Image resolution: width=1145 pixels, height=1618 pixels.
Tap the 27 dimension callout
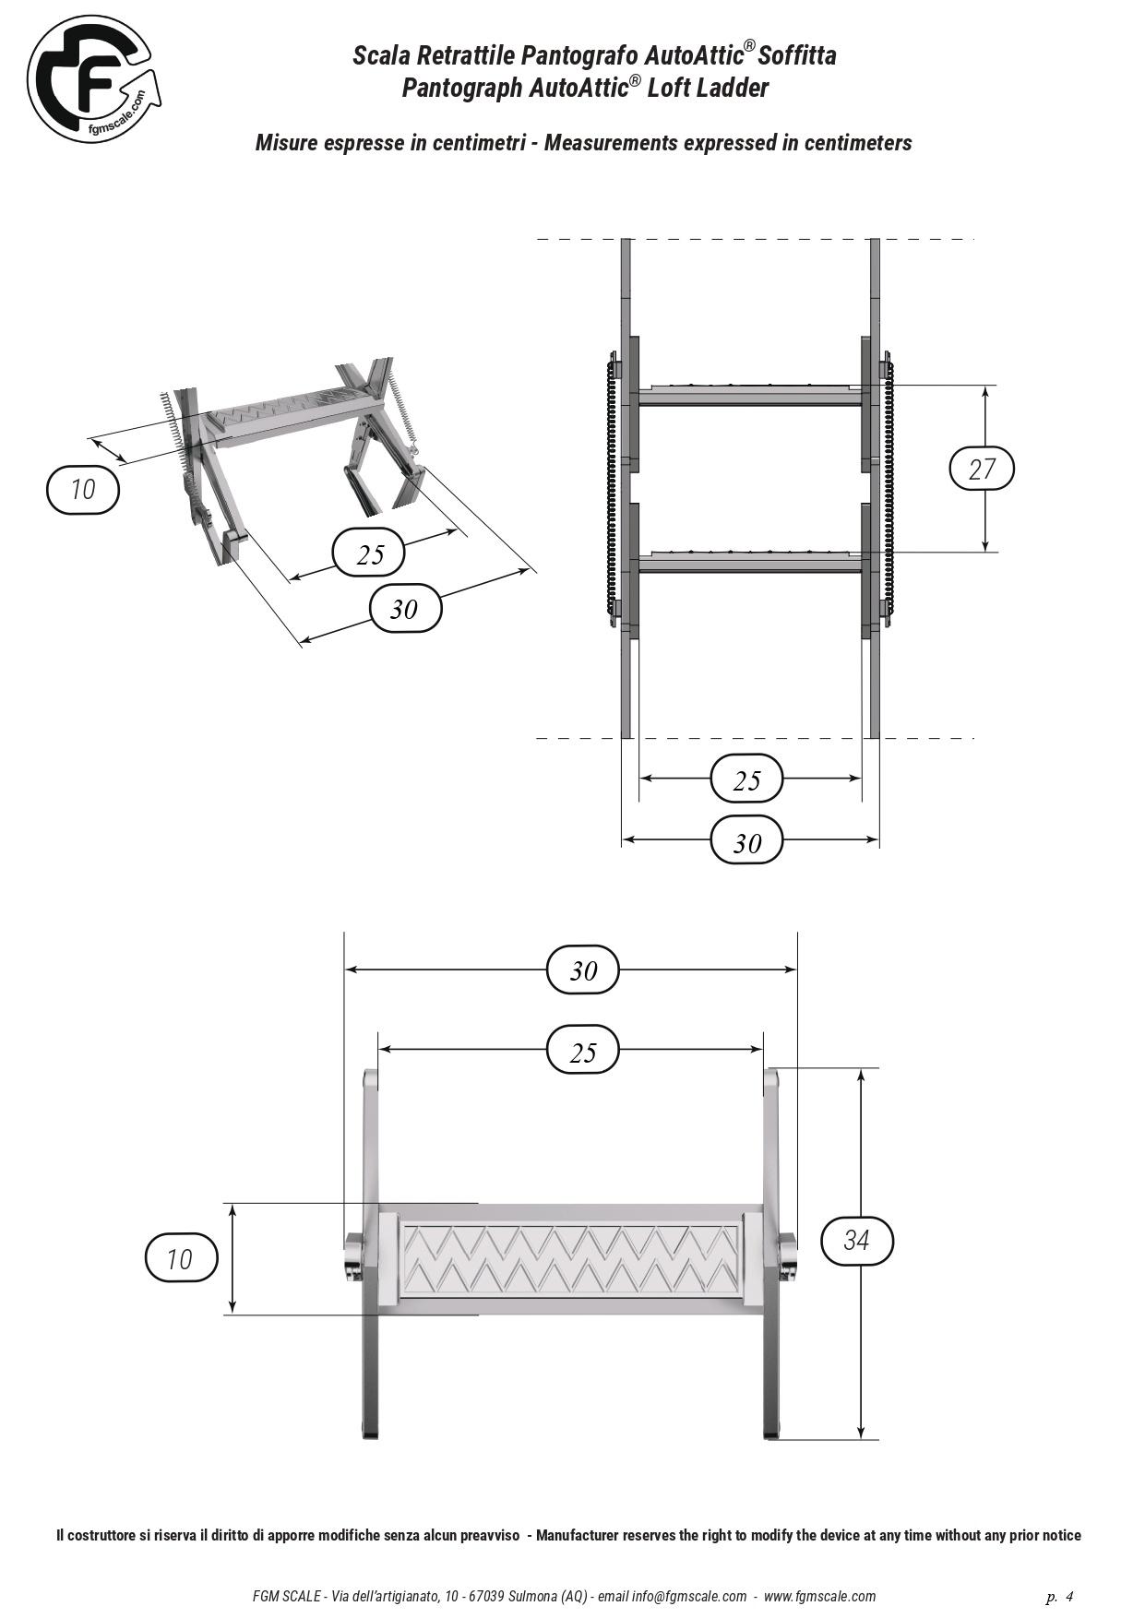point(982,469)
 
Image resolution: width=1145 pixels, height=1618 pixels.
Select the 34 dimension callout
point(857,1240)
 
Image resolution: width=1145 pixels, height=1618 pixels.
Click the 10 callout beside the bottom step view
point(181,1258)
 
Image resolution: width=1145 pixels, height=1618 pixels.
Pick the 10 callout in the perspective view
point(83,489)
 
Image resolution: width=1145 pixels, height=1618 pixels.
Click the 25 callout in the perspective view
point(369,553)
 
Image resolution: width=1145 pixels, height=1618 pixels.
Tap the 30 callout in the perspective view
point(405,609)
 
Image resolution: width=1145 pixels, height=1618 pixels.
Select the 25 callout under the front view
point(746,779)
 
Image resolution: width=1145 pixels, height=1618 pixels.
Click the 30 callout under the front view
point(746,841)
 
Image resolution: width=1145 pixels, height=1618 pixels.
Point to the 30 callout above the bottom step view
point(582,970)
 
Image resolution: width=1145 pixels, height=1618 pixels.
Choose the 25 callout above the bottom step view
point(582,1050)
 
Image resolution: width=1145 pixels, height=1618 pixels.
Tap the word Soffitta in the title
point(797,55)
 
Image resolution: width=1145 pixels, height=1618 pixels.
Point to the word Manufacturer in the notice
point(585,1536)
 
